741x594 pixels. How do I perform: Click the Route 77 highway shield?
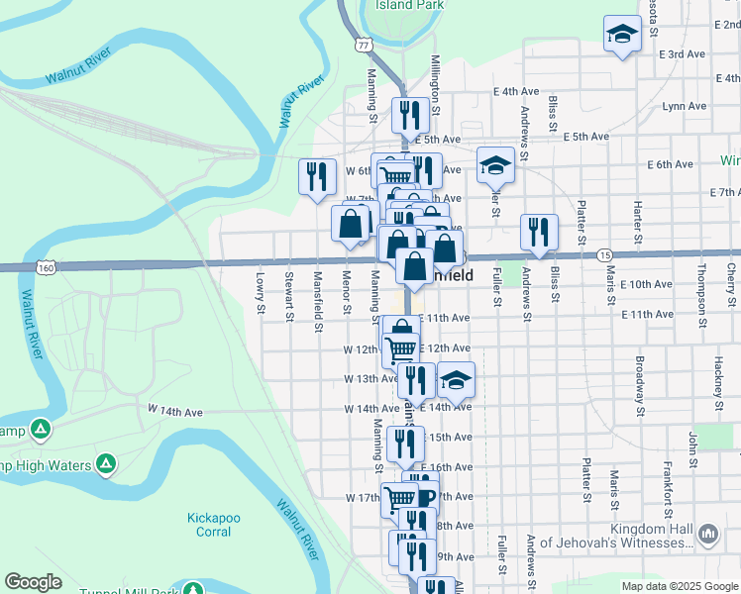[x=365, y=46]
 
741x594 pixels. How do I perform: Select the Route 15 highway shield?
[x=604, y=255]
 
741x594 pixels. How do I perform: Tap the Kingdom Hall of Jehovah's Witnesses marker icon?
[x=708, y=536]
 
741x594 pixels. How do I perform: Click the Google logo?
[x=33, y=582]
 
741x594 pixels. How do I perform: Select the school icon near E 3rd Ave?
[x=621, y=35]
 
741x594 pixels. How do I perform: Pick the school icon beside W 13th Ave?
[x=455, y=380]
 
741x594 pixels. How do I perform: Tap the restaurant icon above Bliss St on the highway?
[x=539, y=233]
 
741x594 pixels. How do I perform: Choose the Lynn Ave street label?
[x=684, y=106]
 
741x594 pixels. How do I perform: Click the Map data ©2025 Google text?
[x=678, y=586]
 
